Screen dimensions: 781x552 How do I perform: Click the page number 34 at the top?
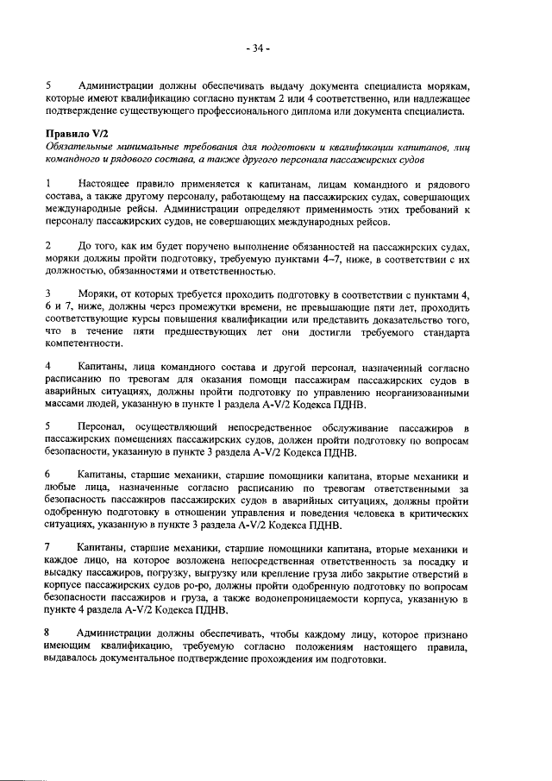click(x=257, y=47)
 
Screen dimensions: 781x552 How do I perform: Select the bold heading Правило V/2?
click(x=74, y=135)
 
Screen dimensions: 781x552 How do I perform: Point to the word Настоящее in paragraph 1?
click(x=106, y=185)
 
